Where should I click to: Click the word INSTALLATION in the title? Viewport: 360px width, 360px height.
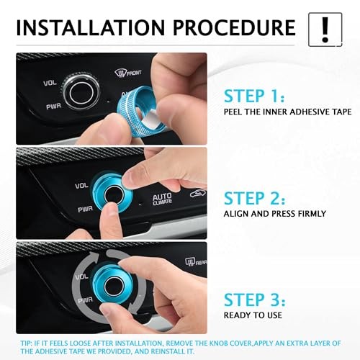tap(91, 27)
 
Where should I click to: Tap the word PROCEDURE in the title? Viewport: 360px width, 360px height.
tap(234, 27)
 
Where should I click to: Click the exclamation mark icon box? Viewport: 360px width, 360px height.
tap(325, 30)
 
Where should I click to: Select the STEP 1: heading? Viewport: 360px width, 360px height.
tap(254, 96)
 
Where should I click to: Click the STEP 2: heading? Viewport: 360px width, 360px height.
tap(255, 198)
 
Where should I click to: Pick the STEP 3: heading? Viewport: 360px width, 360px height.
tap(255, 300)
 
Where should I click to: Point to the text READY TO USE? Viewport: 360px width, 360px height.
tap(253, 315)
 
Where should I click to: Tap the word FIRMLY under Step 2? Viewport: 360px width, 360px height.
tap(312, 214)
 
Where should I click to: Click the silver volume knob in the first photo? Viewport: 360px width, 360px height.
tap(81, 93)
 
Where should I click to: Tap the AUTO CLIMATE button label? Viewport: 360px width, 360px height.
tap(163, 199)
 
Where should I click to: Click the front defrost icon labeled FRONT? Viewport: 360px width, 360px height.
tap(127, 73)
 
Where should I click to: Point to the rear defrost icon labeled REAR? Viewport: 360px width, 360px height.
tap(196, 262)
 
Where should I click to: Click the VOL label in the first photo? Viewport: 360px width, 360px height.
tap(50, 83)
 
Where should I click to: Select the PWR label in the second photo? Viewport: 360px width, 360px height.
tap(85, 210)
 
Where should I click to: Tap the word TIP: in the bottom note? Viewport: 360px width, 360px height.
tap(26, 343)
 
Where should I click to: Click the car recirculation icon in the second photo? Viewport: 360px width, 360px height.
tap(197, 193)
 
